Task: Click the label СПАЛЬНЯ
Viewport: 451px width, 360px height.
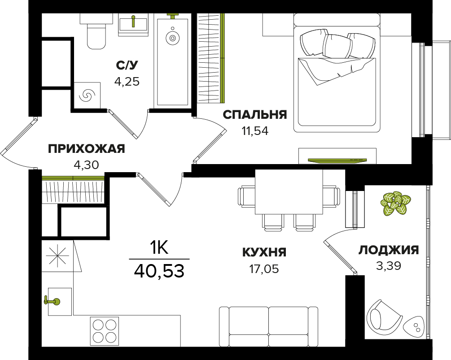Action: (x=255, y=115)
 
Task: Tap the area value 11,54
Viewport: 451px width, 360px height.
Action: (x=255, y=131)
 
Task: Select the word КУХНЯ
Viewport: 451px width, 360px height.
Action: (x=264, y=252)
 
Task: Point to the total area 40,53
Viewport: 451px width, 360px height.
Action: (x=159, y=271)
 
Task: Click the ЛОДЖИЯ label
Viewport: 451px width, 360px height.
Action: (x=389, y=250)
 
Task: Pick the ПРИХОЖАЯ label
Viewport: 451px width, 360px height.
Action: (x=86, y=149)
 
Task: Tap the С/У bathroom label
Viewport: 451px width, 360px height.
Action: (x=127, y=65)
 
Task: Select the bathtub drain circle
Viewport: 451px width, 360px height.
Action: (x=173, y=38)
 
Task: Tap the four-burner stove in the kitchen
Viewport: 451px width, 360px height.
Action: (x=105, y=331)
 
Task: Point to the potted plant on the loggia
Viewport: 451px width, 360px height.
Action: (x=395, y=203)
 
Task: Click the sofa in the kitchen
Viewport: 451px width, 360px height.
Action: (x=268, y=326)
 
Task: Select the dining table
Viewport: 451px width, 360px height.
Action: (x=289, y=192)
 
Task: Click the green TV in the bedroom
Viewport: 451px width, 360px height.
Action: (x=337, y=160)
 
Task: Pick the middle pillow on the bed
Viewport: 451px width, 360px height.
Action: (x=337, y=46)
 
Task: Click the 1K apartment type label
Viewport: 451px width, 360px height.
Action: (x=159, y=247)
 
